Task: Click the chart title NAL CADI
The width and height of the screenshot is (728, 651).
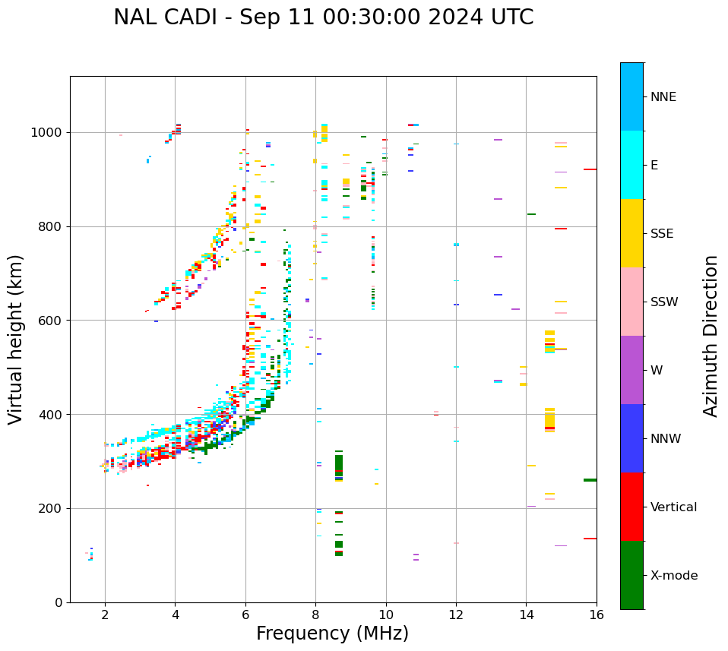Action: coord(323,17)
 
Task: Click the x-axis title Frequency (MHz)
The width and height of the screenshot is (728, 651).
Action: coord(332,634)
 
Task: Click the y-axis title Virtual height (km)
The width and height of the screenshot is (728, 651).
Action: coord(16,340)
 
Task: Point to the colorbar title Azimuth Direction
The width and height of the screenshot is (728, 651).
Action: coord(711,336)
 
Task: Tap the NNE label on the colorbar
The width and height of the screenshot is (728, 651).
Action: coord(663,97)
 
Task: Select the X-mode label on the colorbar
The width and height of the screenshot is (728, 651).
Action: coord(673,576)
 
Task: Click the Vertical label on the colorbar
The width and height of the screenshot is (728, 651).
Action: coord(673,507)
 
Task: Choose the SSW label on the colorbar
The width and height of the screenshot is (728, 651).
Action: coord(664,302)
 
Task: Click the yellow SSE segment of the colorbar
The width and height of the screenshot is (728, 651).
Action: coord(631,232)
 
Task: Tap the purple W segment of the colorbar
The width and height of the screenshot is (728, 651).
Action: coord(631,370)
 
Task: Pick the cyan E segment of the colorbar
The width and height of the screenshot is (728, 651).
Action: coord(631,165)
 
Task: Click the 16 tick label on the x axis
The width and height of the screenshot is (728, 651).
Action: coord(597,615)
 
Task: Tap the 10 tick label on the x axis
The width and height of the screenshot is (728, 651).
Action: coord(386,615)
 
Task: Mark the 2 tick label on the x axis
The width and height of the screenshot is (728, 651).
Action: coord(105,615)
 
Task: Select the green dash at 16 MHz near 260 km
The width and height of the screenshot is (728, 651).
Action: coord(590,480)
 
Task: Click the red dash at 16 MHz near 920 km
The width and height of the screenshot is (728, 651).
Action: coord(590,169)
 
